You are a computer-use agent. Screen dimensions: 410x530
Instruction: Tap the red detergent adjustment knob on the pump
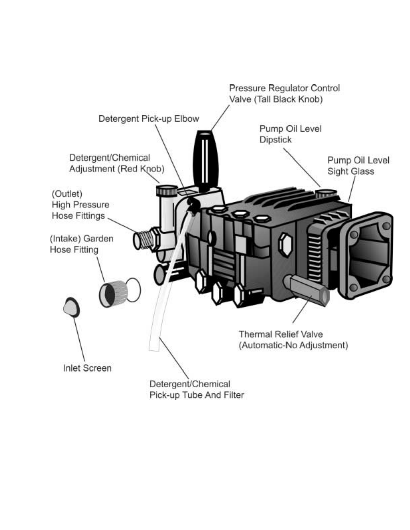[x=167, y=190]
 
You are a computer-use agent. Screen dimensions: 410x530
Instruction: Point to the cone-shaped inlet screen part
[x=71, y=307]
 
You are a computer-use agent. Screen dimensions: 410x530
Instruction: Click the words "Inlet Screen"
[x=87, y=368]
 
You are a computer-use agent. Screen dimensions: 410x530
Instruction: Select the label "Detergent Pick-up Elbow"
[x=149, y=119]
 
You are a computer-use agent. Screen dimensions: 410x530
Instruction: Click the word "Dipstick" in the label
[x=275, y=140]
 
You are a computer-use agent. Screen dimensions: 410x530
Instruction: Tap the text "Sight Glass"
[x=351, y=171]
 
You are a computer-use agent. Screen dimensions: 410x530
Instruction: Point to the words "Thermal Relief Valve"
[x=281, y=334]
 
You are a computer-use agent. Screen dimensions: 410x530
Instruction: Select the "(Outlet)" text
[x=67, y=194]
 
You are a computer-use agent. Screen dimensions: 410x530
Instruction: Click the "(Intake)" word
[x=65, y=238]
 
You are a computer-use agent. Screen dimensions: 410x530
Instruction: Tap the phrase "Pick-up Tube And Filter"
[x=197, y=395]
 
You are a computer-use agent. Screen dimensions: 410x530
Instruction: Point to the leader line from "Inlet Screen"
[x=79, y=339]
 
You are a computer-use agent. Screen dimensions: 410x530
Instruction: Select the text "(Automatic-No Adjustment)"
[x=293, y=345]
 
